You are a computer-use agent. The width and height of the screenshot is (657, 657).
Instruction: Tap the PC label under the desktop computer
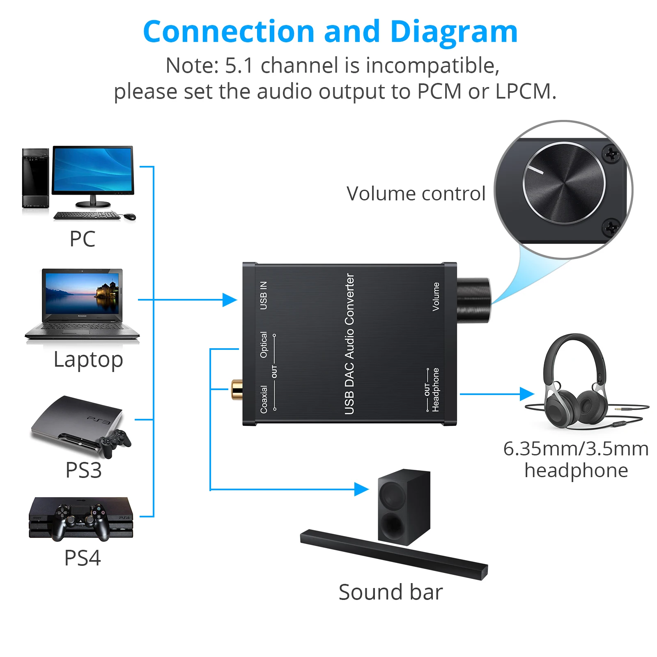tap(82, 239)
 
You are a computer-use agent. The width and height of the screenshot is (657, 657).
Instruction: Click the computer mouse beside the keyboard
tap(130, 216)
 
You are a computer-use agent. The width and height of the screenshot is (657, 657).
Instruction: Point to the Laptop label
tap(88, 360)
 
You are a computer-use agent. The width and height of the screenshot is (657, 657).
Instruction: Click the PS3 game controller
tap(116, 442)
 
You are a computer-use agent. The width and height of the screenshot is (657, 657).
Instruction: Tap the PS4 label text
tap(82, 558)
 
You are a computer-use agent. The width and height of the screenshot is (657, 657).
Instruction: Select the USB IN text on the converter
tap(264, 295)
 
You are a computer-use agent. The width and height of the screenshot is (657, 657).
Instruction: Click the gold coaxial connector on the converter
tap(237, 389)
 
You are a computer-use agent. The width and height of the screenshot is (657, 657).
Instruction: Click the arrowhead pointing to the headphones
tap(526, 394)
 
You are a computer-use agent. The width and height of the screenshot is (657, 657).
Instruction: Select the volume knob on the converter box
tap(473, 301)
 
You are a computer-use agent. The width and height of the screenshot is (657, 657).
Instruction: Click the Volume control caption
tap(416, 193)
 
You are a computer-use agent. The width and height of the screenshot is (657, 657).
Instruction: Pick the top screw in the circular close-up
tap(611, 154)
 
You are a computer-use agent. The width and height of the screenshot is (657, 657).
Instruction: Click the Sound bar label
tap(390, 592)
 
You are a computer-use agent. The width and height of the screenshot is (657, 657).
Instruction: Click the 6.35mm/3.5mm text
tap(576, 449)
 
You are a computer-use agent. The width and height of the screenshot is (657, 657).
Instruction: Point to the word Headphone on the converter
tap(436, 390)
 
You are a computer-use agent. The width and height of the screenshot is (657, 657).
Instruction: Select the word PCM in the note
tap(439, 91)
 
